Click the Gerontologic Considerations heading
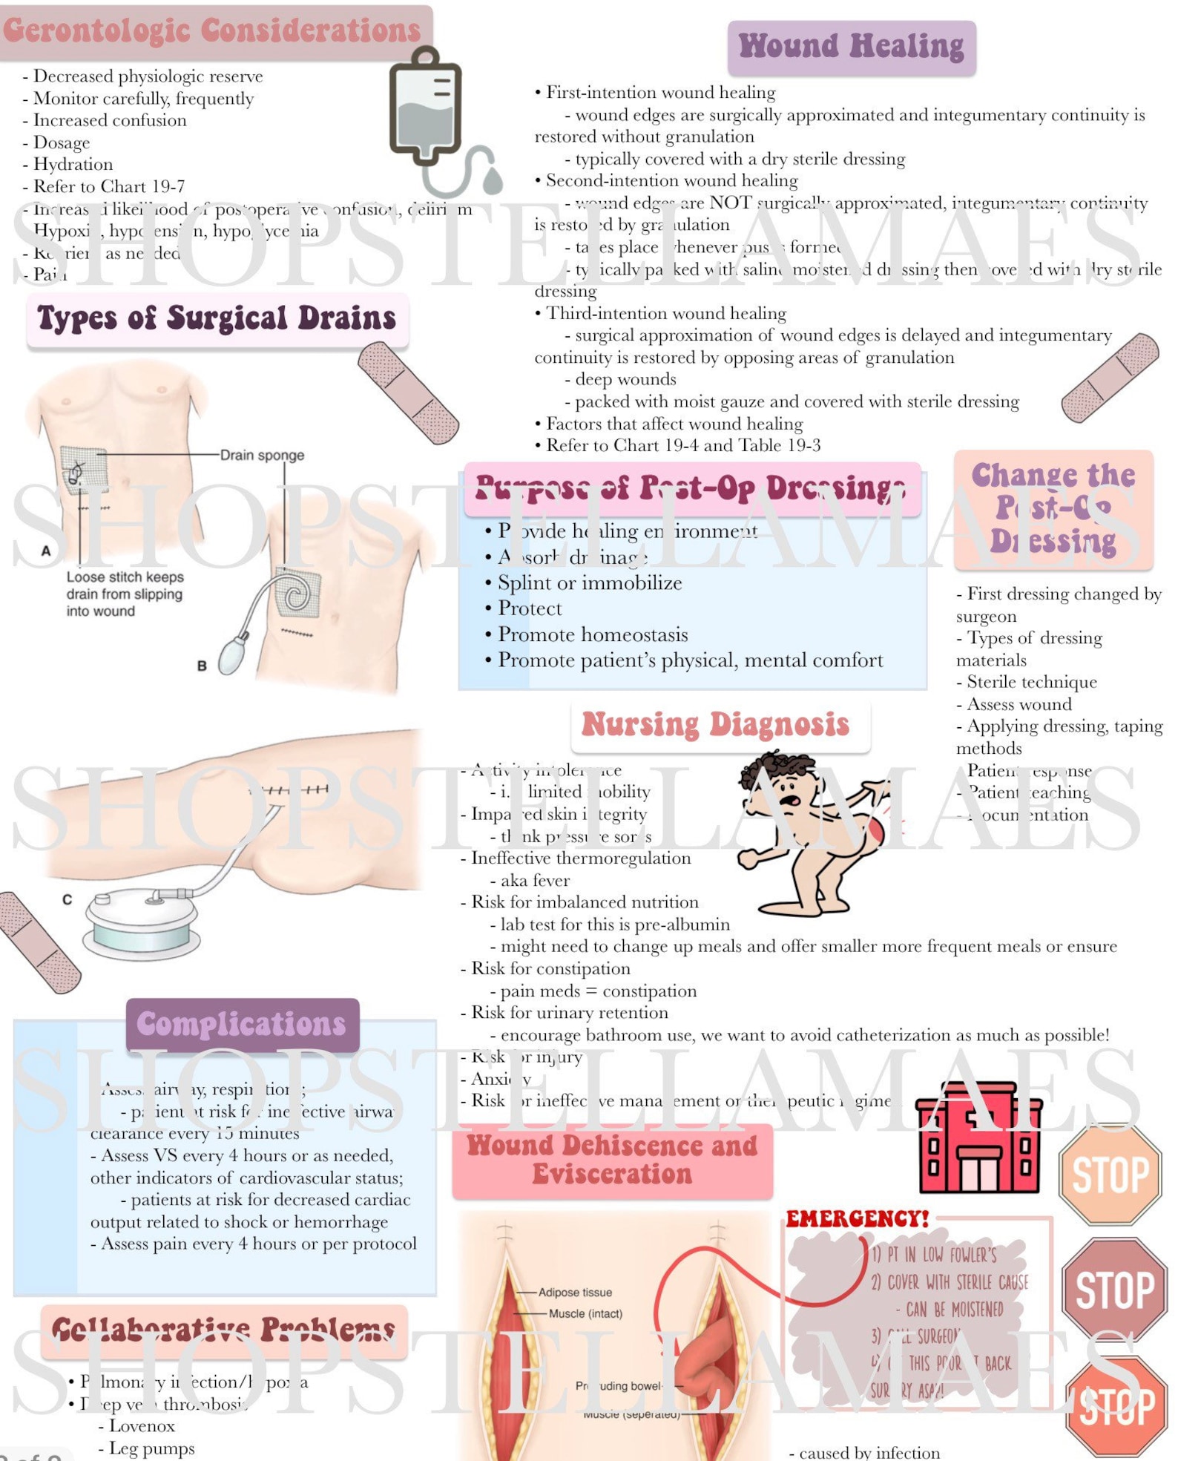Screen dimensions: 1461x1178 point(212,31)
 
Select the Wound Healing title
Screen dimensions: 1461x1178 point(851,47)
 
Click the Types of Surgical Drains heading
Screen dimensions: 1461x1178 point(217,319)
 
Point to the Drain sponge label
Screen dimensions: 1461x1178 point(262,455)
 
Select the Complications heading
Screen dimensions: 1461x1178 point(241,1024)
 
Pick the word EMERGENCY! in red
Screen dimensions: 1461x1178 point(857,1219)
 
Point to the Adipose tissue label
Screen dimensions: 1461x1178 point(575,1292)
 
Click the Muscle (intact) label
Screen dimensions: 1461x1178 point(585,1313)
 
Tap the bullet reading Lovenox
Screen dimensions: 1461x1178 point(142,1426)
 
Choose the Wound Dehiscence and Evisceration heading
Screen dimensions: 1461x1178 point(612,1160)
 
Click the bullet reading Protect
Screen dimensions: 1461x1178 point(530,608)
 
